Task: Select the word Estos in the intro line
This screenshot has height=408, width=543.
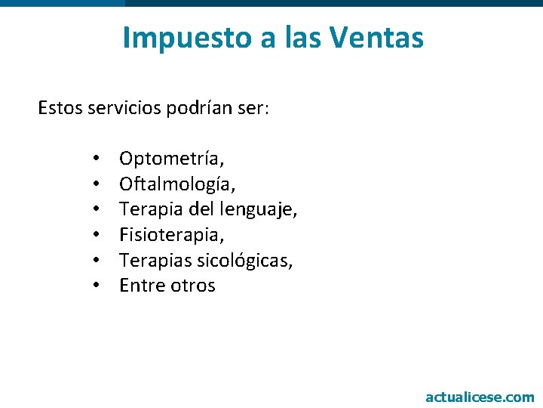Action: click(x=60, y=109)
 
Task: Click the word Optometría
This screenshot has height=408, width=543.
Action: click(x=171, y=159)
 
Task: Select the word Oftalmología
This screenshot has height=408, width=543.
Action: click(x=177, y=184)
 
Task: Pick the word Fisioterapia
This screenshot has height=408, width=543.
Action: click(x=172, y=235)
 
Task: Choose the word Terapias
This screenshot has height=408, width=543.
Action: click(x=155, y=261)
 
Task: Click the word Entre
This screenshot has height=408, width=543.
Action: click(x=141, y=286)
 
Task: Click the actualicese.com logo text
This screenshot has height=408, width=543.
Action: click(x=480, y=397)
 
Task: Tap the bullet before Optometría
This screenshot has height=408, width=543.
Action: click(x=97, y=159)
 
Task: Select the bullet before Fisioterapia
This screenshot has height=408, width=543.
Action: click(x=97, y=235)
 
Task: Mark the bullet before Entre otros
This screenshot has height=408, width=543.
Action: click(x=97, y=286)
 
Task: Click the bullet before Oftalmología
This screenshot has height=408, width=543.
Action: click(x=97, y=184)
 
